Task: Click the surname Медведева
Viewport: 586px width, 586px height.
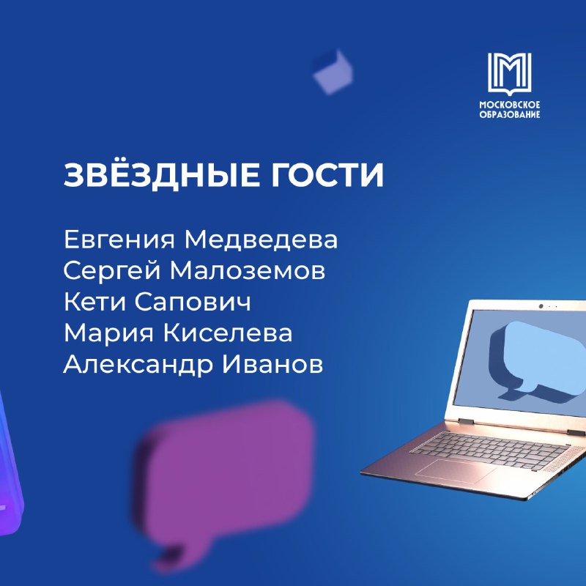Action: coord(261,240)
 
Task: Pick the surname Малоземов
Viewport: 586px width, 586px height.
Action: coord(248,271)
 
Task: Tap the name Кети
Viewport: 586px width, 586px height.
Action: coord(95,302)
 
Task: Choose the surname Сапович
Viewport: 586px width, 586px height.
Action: coord(193,302)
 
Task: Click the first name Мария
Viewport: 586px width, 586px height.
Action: coord(108,334)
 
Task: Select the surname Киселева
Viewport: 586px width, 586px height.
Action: coord(228,333)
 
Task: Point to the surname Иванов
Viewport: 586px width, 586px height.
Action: coord(272,364)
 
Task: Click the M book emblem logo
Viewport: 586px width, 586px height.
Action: coord(509,73)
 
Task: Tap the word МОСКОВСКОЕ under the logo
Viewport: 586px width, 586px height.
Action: coord(510,105)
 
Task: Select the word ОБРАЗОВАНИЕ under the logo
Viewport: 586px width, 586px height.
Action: coord(510,114)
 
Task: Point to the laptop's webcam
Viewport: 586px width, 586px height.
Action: coord(541,306)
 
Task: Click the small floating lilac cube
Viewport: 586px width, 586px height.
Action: coord(333,72)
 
